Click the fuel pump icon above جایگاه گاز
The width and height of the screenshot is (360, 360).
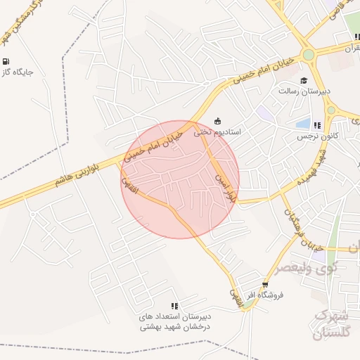point(6,61)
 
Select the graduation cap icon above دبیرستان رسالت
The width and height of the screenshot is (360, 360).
point(304,80)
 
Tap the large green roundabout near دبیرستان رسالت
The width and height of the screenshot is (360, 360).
point(307,54)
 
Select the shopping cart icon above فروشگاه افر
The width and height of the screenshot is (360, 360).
point(264,285)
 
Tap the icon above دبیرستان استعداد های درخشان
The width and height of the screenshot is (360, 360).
point(174,306)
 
